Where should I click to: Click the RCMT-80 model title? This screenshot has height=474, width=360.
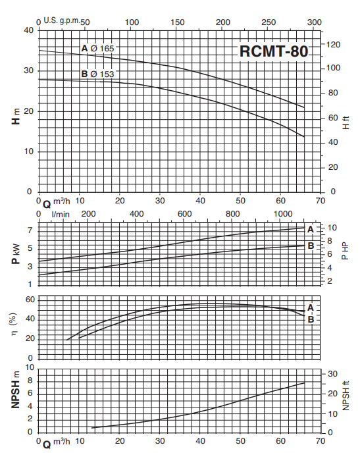(272, 51)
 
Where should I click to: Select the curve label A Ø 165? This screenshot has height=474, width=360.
(97, 49)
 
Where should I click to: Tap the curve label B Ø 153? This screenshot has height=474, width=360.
(97, 74)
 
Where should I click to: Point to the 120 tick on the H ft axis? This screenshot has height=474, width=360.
(334, 44)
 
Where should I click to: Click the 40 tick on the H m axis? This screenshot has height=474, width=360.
(28, 30)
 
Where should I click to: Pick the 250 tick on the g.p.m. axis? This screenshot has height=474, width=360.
(269, 22)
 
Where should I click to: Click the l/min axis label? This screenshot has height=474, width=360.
(61, 214)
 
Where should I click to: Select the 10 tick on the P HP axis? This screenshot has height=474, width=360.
(333, 228)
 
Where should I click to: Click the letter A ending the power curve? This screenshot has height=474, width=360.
(311, 228)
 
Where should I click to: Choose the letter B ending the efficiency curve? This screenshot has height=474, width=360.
(311, 319)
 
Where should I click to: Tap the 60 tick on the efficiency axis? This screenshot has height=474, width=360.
(30, 300)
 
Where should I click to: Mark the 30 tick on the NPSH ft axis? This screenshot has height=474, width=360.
(333, 373)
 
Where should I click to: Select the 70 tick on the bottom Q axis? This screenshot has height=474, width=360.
(321, 441)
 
